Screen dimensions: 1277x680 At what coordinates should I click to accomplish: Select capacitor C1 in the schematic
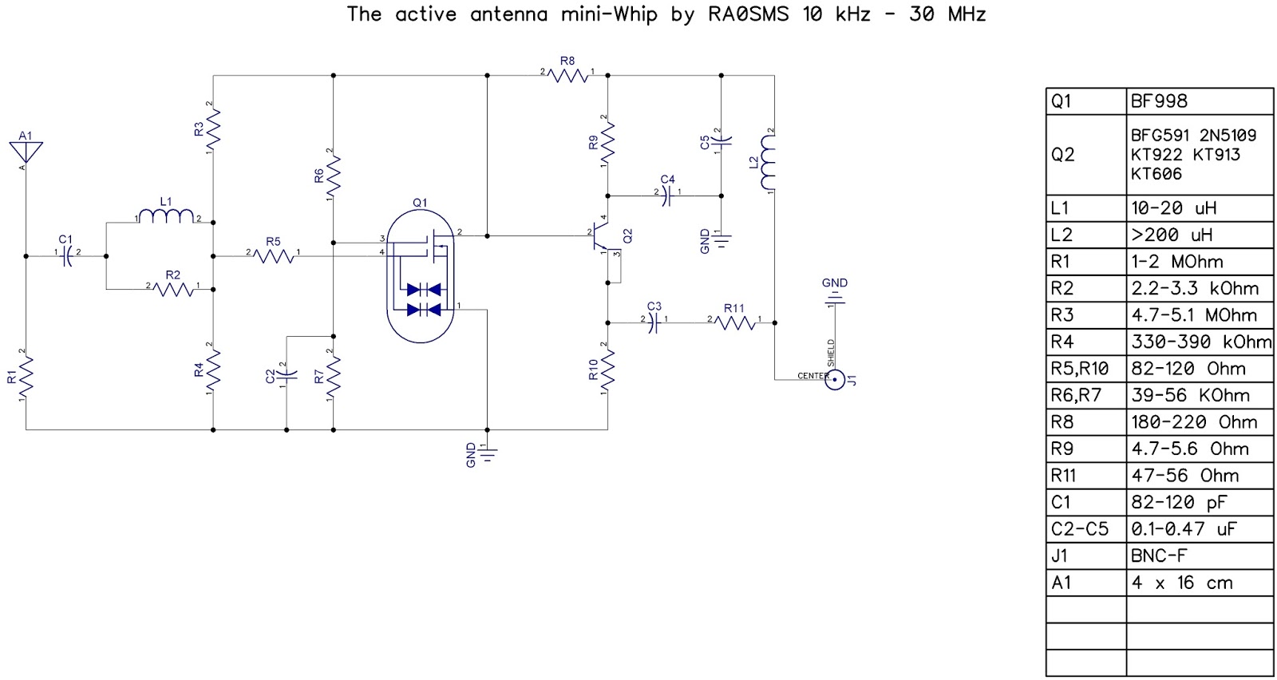[x=67, y=256]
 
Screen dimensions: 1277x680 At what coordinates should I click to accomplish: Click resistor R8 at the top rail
[x=568, y=75]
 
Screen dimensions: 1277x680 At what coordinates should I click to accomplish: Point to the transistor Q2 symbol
[x=604, y=236]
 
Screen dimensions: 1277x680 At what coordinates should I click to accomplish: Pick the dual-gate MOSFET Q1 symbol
[x=420, y=276]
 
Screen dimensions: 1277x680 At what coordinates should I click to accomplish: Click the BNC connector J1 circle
[x=835, y=380]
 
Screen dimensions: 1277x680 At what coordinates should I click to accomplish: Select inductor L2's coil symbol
[x=768, y=163]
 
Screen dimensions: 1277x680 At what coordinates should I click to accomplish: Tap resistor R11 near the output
[x=734, y=322]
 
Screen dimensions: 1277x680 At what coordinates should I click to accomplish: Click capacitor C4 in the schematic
[x=668, y=196]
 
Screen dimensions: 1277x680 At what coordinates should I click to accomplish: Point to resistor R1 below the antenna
[x=26, y=374]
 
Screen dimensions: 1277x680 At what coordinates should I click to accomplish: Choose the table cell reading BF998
[x=1159, y=101]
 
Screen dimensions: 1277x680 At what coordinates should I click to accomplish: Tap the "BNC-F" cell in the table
[x=1159, y=555]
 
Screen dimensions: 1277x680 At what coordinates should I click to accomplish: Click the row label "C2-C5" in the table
[x=1080, y=528]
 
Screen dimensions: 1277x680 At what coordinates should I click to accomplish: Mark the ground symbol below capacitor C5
[x=722, y=238]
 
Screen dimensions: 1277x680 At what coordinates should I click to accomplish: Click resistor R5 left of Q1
[x=273, y=255]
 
